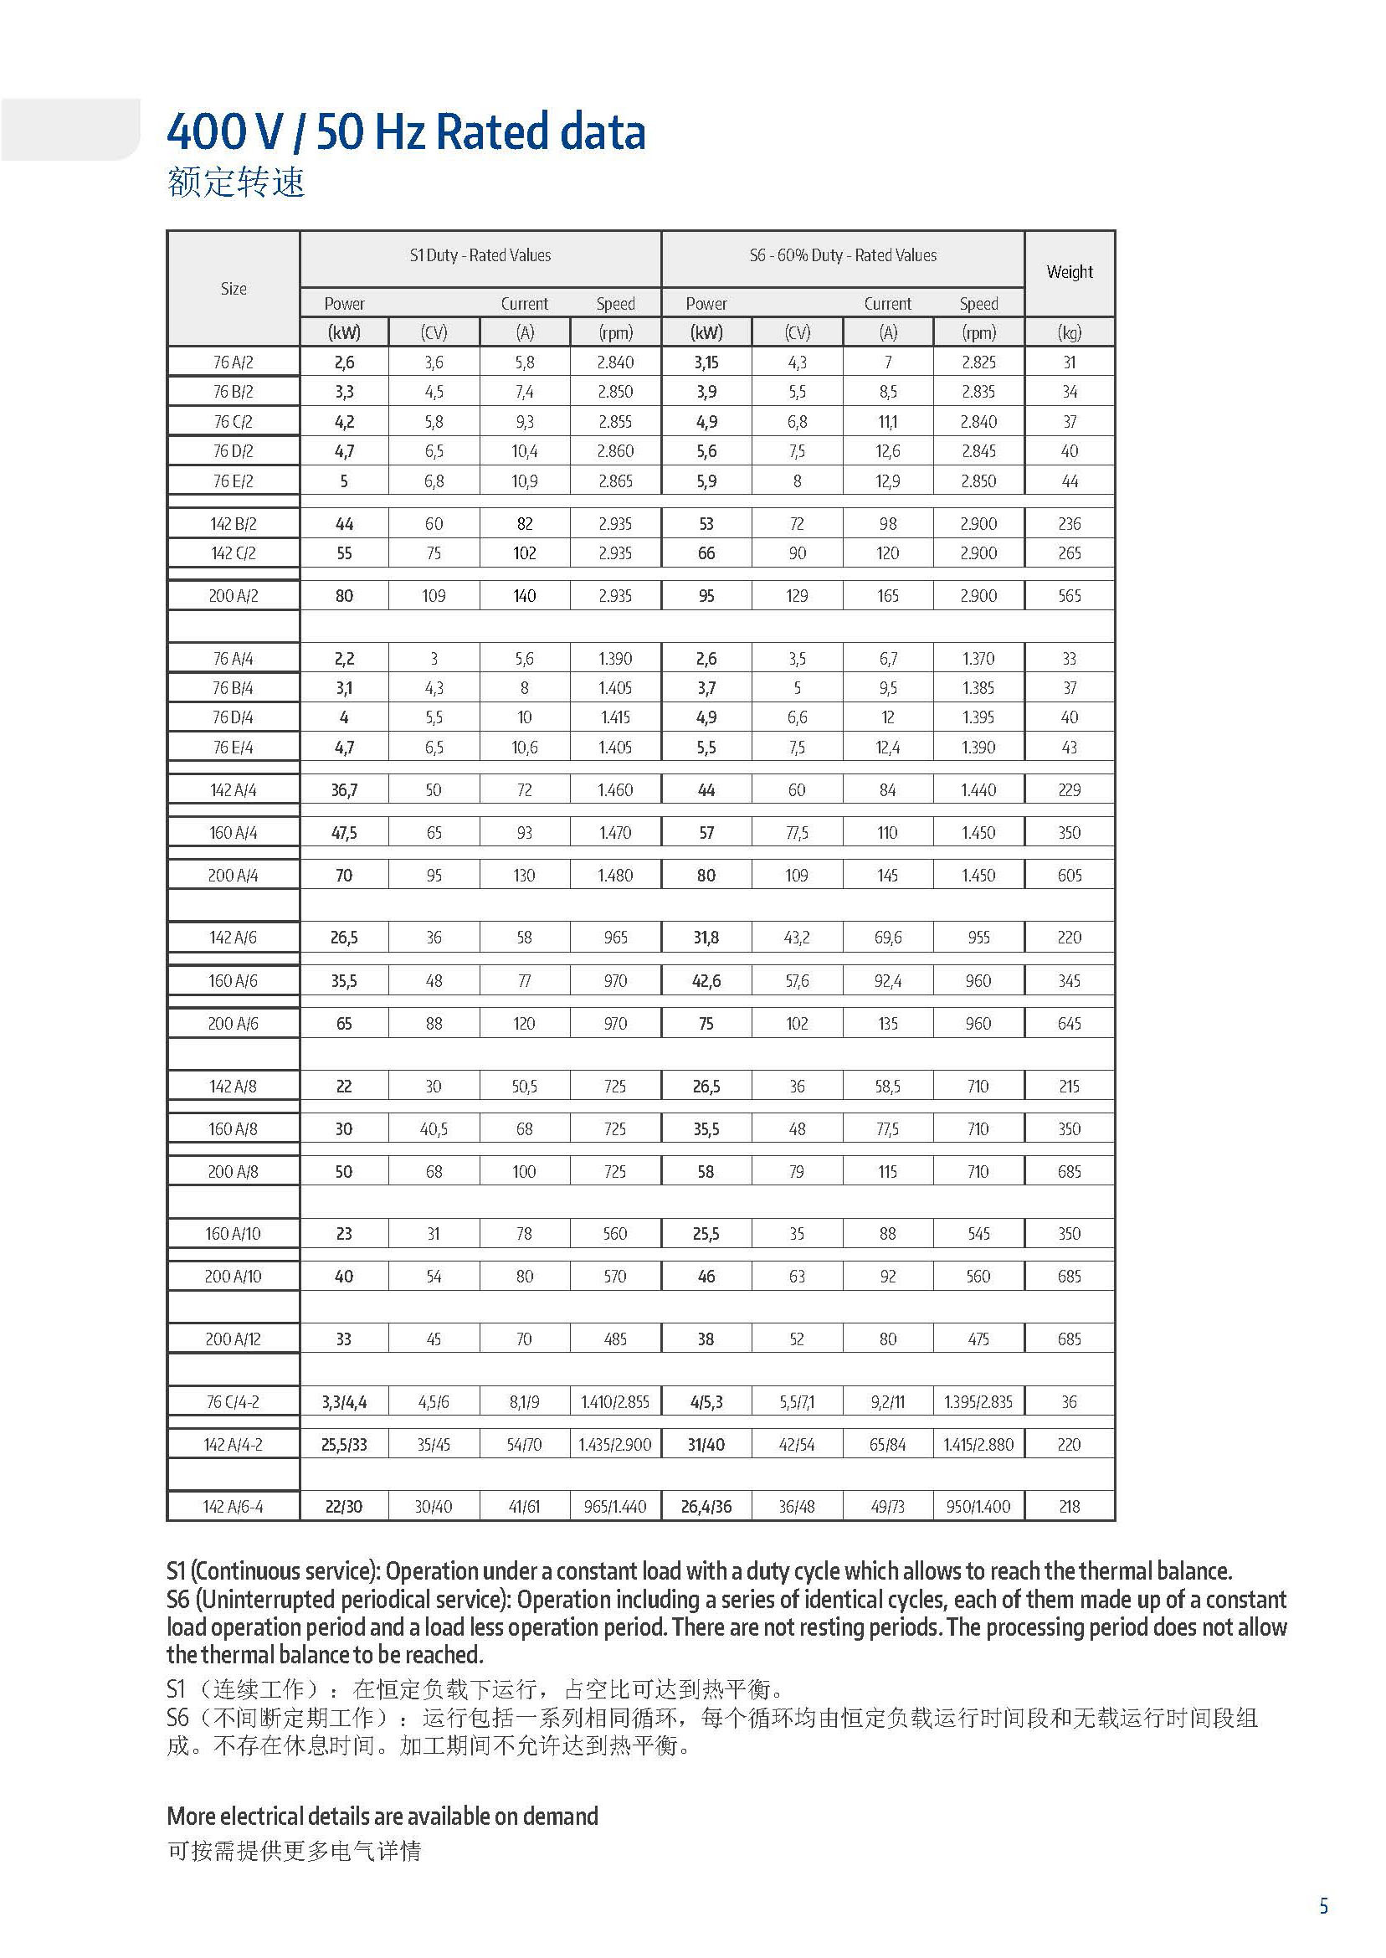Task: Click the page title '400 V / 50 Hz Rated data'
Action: click(x=405, y=132)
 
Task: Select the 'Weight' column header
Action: click(x=1069, y=272)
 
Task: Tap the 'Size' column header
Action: click(x=233, y=289)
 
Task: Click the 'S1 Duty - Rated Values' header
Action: click(x=480, y=255)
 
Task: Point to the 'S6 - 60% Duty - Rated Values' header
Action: click(x=842, y=255)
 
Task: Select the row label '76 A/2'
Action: click(x=233, y=362)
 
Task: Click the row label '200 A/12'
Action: click(x=233, y=1339)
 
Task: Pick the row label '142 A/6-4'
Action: click(x=233, y=1507)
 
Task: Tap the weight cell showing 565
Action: click(x=1069, y=596)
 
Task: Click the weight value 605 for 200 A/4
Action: click(x=1069, y=875)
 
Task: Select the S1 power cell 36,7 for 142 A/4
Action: click(x=344, y=790)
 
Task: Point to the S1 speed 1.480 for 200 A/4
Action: click(x=614, y=875)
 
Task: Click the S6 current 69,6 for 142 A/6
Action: click(x=887, y=938)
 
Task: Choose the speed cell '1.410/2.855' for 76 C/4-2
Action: click(x=614, y=1401)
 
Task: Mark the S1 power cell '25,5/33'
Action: click(x=344, y=1444)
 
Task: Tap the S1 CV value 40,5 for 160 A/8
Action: click(x=434, y=1128)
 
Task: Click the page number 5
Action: click(x=1324, y=1906)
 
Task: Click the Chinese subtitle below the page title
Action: click(x=236, y=182)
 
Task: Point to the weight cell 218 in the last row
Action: click(x=1069, y=1507)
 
